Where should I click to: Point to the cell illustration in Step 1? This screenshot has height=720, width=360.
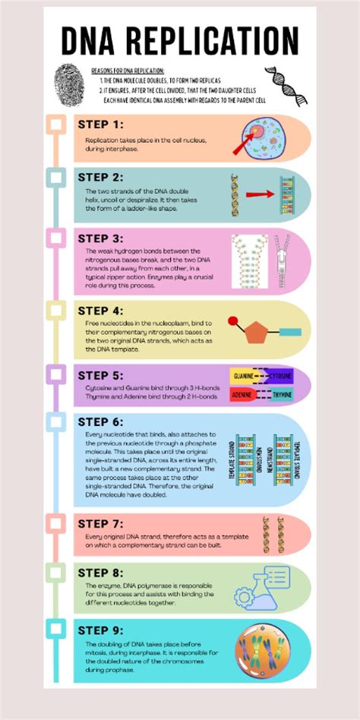tap(264, 137)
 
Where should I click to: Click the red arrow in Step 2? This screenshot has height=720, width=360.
tap(259, 194)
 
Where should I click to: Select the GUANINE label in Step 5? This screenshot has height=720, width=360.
tap(245, 376)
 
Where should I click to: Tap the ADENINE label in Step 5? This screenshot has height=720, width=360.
tap(243, 395)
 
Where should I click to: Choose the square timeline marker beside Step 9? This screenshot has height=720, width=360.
tap(55, 629)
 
